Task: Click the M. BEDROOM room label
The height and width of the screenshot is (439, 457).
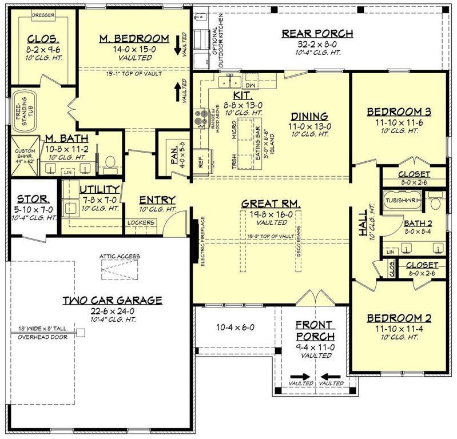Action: coord(134,38)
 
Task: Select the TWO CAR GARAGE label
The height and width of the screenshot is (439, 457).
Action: coord(112,300)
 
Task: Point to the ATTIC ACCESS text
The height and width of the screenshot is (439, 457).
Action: coord(120,256)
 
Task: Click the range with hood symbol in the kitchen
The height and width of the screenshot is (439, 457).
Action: coord(201,118)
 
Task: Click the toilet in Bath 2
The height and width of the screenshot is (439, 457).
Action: coord(435,202)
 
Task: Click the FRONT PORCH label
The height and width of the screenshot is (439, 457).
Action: coord(314,330)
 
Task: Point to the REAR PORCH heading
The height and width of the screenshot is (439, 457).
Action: coord(317,33)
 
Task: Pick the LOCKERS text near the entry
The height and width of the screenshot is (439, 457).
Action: coord(141,222)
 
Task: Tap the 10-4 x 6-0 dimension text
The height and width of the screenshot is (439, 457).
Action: coord(235,328)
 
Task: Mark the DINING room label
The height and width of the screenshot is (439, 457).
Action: coord(308,115)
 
